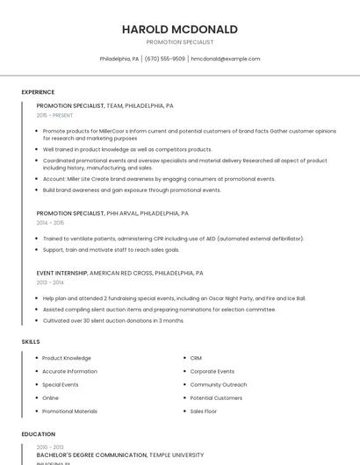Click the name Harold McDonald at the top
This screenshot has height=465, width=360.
(x=180, y=29)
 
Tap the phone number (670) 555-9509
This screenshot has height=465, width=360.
(x=165, y=59)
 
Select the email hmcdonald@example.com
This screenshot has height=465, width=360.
(x=226, y=59)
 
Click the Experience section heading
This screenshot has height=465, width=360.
(x=38, y=92)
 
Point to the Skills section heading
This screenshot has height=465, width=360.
(x=31, y=341)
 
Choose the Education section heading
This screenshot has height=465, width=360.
(x=38, y=434)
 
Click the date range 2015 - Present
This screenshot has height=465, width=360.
(x=55, y=115)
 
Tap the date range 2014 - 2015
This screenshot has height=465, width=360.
(x=50, y=223)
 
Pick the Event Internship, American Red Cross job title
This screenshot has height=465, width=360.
(x=120, y=273)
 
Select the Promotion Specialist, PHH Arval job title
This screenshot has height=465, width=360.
(x=112, y=213)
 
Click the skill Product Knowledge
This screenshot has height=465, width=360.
(x=67, y=358)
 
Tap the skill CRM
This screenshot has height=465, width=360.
(x=196, y=358)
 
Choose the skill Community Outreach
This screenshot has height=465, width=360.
(x=219, y=384)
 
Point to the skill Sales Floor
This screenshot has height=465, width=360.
(x=204, y=411)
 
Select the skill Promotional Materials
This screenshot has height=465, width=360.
(x=70, y=411)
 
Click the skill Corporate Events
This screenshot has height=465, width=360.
(x=212, y=371)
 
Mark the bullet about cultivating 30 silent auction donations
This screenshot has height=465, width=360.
(x=113, y=320)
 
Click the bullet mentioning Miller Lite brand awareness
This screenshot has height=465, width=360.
(x=159, y=179)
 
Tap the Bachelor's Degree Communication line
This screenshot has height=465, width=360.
(x=120, y=455)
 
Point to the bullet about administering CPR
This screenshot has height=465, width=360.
(x=173, y=239)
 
